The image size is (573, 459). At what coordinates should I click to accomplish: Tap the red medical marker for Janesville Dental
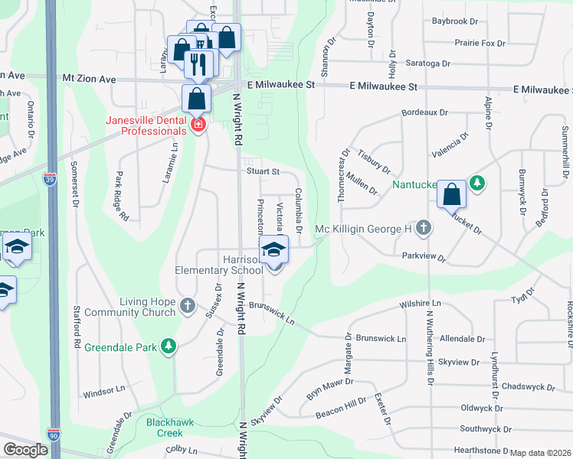198,124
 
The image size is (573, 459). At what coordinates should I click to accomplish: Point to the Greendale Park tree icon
169,347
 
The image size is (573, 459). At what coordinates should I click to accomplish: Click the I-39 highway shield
48,177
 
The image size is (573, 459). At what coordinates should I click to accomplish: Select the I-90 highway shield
54,434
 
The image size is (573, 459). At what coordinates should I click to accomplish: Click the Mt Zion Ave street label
89,79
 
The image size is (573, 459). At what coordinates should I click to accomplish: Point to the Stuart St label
263,171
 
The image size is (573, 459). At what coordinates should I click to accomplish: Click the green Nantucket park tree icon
477,183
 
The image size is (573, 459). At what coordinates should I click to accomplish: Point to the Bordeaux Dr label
424,113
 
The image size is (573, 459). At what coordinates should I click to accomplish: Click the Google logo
25,450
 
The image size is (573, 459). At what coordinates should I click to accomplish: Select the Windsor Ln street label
103,389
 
